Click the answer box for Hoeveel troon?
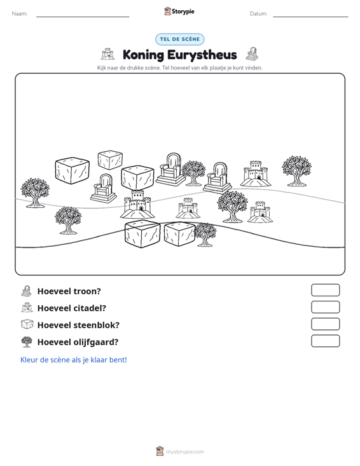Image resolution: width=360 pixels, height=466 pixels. [325, 290]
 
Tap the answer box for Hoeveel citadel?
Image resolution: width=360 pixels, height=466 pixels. [325, 307]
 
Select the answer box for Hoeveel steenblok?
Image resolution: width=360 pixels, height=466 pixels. [325, 324]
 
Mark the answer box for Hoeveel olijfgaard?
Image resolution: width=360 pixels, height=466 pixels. [325, 341]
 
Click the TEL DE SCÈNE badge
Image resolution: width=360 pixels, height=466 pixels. [179, 39]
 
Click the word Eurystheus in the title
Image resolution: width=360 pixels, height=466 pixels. [202, 55]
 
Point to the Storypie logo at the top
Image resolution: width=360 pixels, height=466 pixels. [179, 11]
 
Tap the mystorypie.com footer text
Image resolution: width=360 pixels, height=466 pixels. [184, 452]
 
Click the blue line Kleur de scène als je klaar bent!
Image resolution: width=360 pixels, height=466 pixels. [73, 360]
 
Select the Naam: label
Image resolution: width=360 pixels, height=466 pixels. [20, 14]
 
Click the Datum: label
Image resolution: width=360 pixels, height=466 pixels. [258, 14]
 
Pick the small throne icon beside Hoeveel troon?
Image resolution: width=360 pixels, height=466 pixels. [27, 291]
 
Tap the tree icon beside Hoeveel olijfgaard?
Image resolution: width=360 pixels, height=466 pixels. [27, 342]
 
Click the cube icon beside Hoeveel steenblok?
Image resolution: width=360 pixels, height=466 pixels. [27, 324]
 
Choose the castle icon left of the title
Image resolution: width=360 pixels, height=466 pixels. [107, 54]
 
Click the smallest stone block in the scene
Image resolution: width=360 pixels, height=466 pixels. [110, 160]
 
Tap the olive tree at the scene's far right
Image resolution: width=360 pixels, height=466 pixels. [296, 170]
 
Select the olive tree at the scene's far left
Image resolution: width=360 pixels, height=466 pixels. [35, 193]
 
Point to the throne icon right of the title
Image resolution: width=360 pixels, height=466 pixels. [252, 54]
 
